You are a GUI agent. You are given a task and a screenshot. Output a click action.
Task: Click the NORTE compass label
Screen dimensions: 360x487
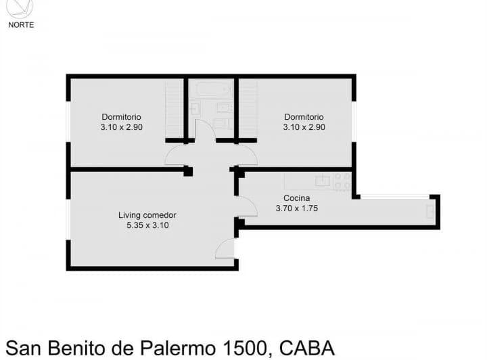point(20,25)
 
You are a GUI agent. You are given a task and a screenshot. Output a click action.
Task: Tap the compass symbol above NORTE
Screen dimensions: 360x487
point(20,8)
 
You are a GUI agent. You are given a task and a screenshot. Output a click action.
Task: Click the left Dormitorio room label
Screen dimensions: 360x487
point(122,116)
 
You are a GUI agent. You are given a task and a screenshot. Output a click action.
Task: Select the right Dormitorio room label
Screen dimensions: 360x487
point(304,116)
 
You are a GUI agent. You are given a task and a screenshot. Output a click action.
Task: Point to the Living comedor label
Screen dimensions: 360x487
point(147,215)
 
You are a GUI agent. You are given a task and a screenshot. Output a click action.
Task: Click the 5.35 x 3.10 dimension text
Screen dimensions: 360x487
point(147,226)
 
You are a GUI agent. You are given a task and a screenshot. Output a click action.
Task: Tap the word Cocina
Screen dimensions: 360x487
point(296,198)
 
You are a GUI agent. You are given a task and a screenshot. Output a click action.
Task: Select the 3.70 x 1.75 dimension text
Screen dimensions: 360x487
point(297,208)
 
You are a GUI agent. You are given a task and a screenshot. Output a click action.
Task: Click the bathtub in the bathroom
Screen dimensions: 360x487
point(211,89)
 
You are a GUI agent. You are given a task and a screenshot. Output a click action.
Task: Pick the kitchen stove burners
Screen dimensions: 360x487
point(342,181)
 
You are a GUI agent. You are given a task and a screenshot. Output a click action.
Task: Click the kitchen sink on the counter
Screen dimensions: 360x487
point(323,181)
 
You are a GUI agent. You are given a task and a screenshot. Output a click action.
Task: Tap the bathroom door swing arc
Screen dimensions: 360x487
point(205,129)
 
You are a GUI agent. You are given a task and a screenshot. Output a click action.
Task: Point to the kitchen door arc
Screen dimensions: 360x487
point(248,206)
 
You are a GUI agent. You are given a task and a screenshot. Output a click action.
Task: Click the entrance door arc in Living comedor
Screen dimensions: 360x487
point(224,249)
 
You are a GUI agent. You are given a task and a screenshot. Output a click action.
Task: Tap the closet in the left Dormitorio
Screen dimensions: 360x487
point(175,109)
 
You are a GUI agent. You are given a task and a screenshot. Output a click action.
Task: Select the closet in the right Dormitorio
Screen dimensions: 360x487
point(248,109)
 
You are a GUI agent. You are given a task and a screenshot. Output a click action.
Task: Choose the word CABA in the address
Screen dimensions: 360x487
point(308,348)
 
